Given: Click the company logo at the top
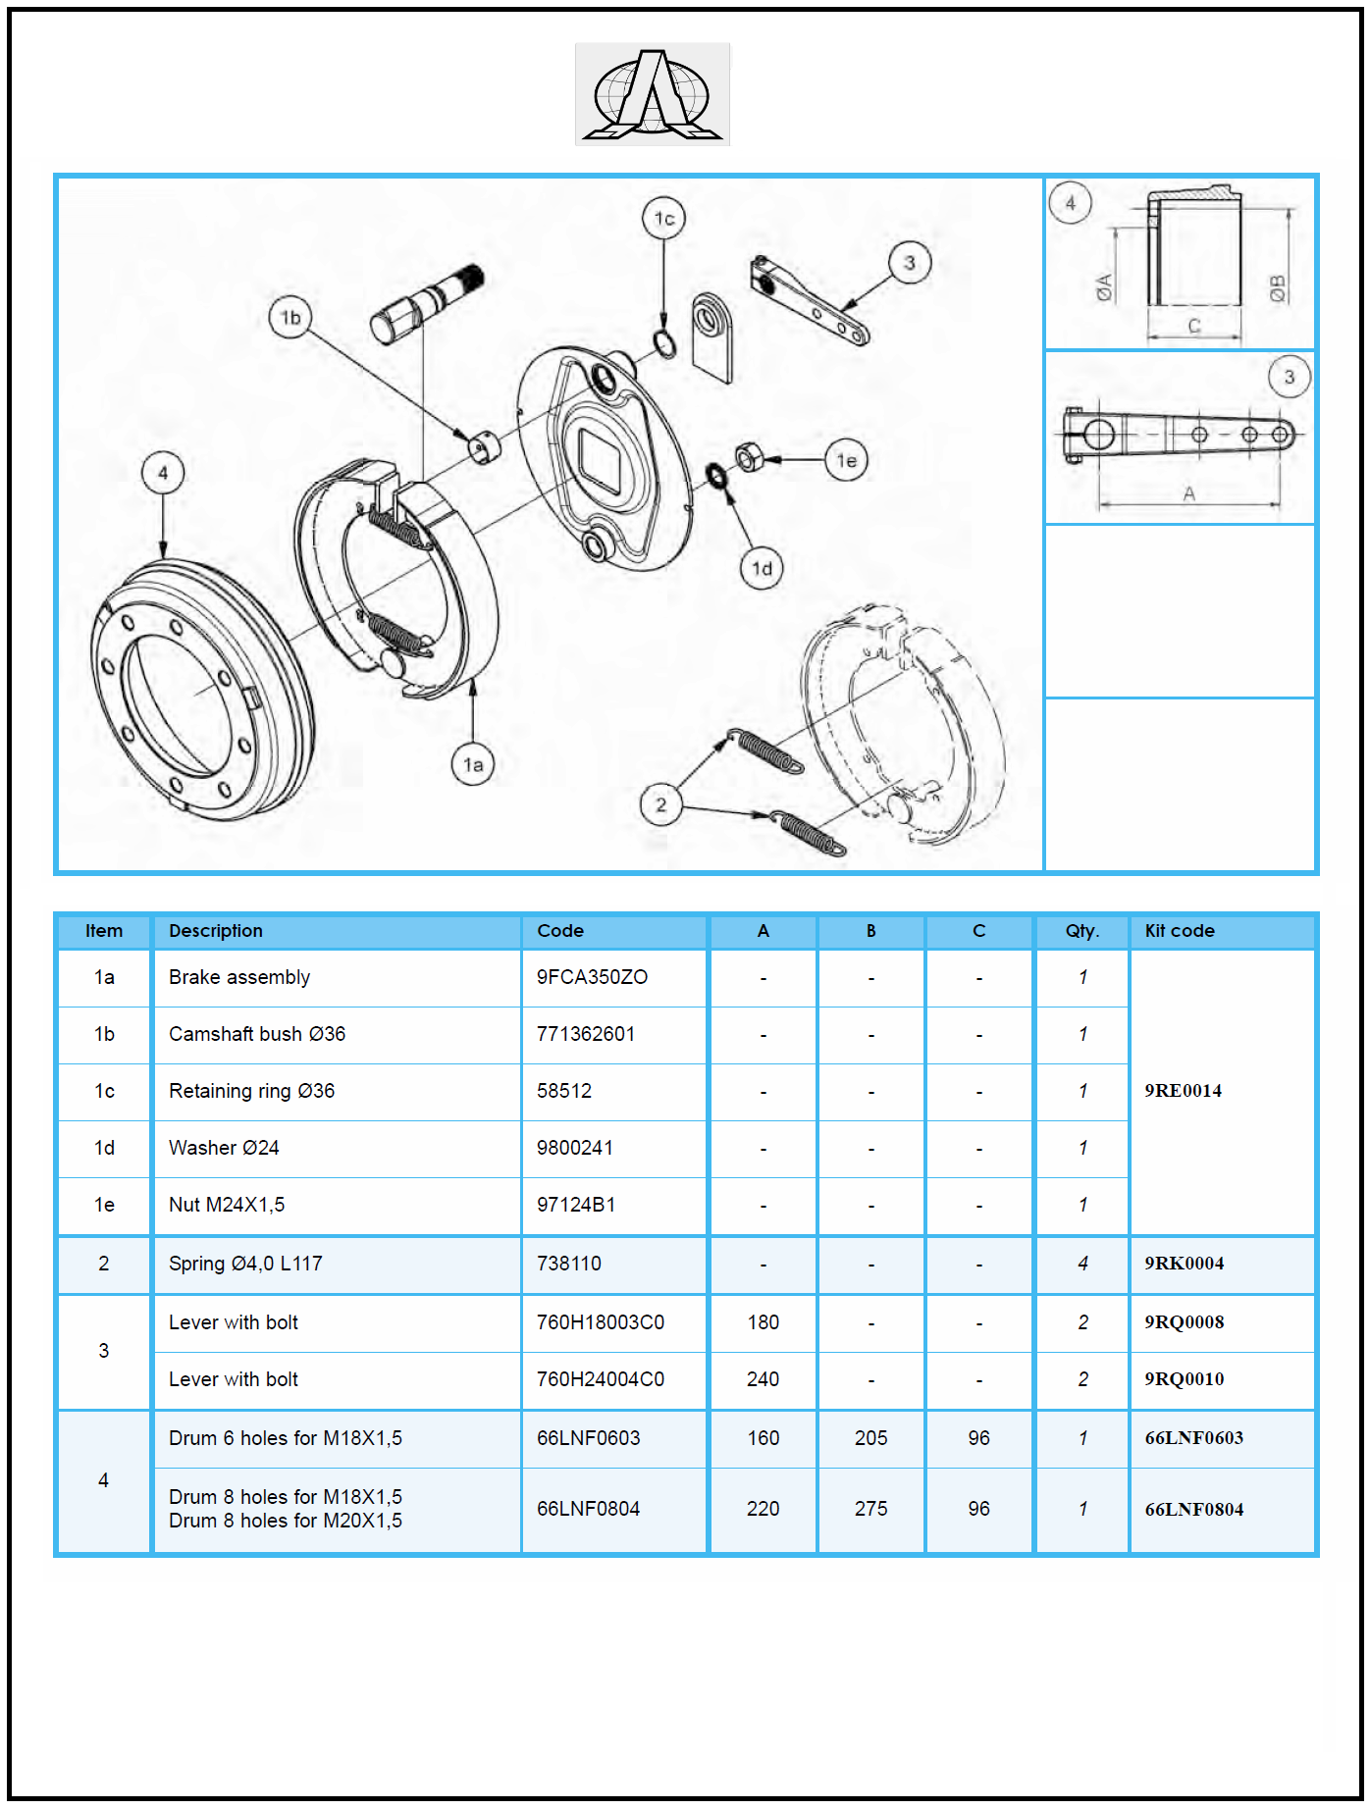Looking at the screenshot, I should (653, 94).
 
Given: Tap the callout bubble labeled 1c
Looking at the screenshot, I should (663, 219).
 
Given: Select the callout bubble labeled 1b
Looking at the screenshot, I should (290, 318).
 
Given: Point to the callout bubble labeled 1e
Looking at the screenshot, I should (846, 460).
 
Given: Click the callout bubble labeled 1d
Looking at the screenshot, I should (762, 569).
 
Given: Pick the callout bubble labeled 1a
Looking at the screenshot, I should (473, 765).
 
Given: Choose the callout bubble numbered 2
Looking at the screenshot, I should (660, 805).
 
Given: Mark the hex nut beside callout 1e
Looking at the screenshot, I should (749, 457).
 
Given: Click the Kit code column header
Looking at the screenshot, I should (1180, 931).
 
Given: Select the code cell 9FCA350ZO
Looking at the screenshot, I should (592, 977).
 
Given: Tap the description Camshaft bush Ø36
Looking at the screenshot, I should (257, 1034).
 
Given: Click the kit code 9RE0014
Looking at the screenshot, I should (1183, 1091).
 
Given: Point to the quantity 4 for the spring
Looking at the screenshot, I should (1082, 1264).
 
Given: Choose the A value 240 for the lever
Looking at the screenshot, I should (763, 1379).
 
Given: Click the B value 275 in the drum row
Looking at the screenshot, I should (870, 1509).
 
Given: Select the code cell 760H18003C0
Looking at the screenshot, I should (601, 1322).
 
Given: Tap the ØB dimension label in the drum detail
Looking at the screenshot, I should (1277, 287).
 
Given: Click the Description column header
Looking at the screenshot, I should (216, 931).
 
